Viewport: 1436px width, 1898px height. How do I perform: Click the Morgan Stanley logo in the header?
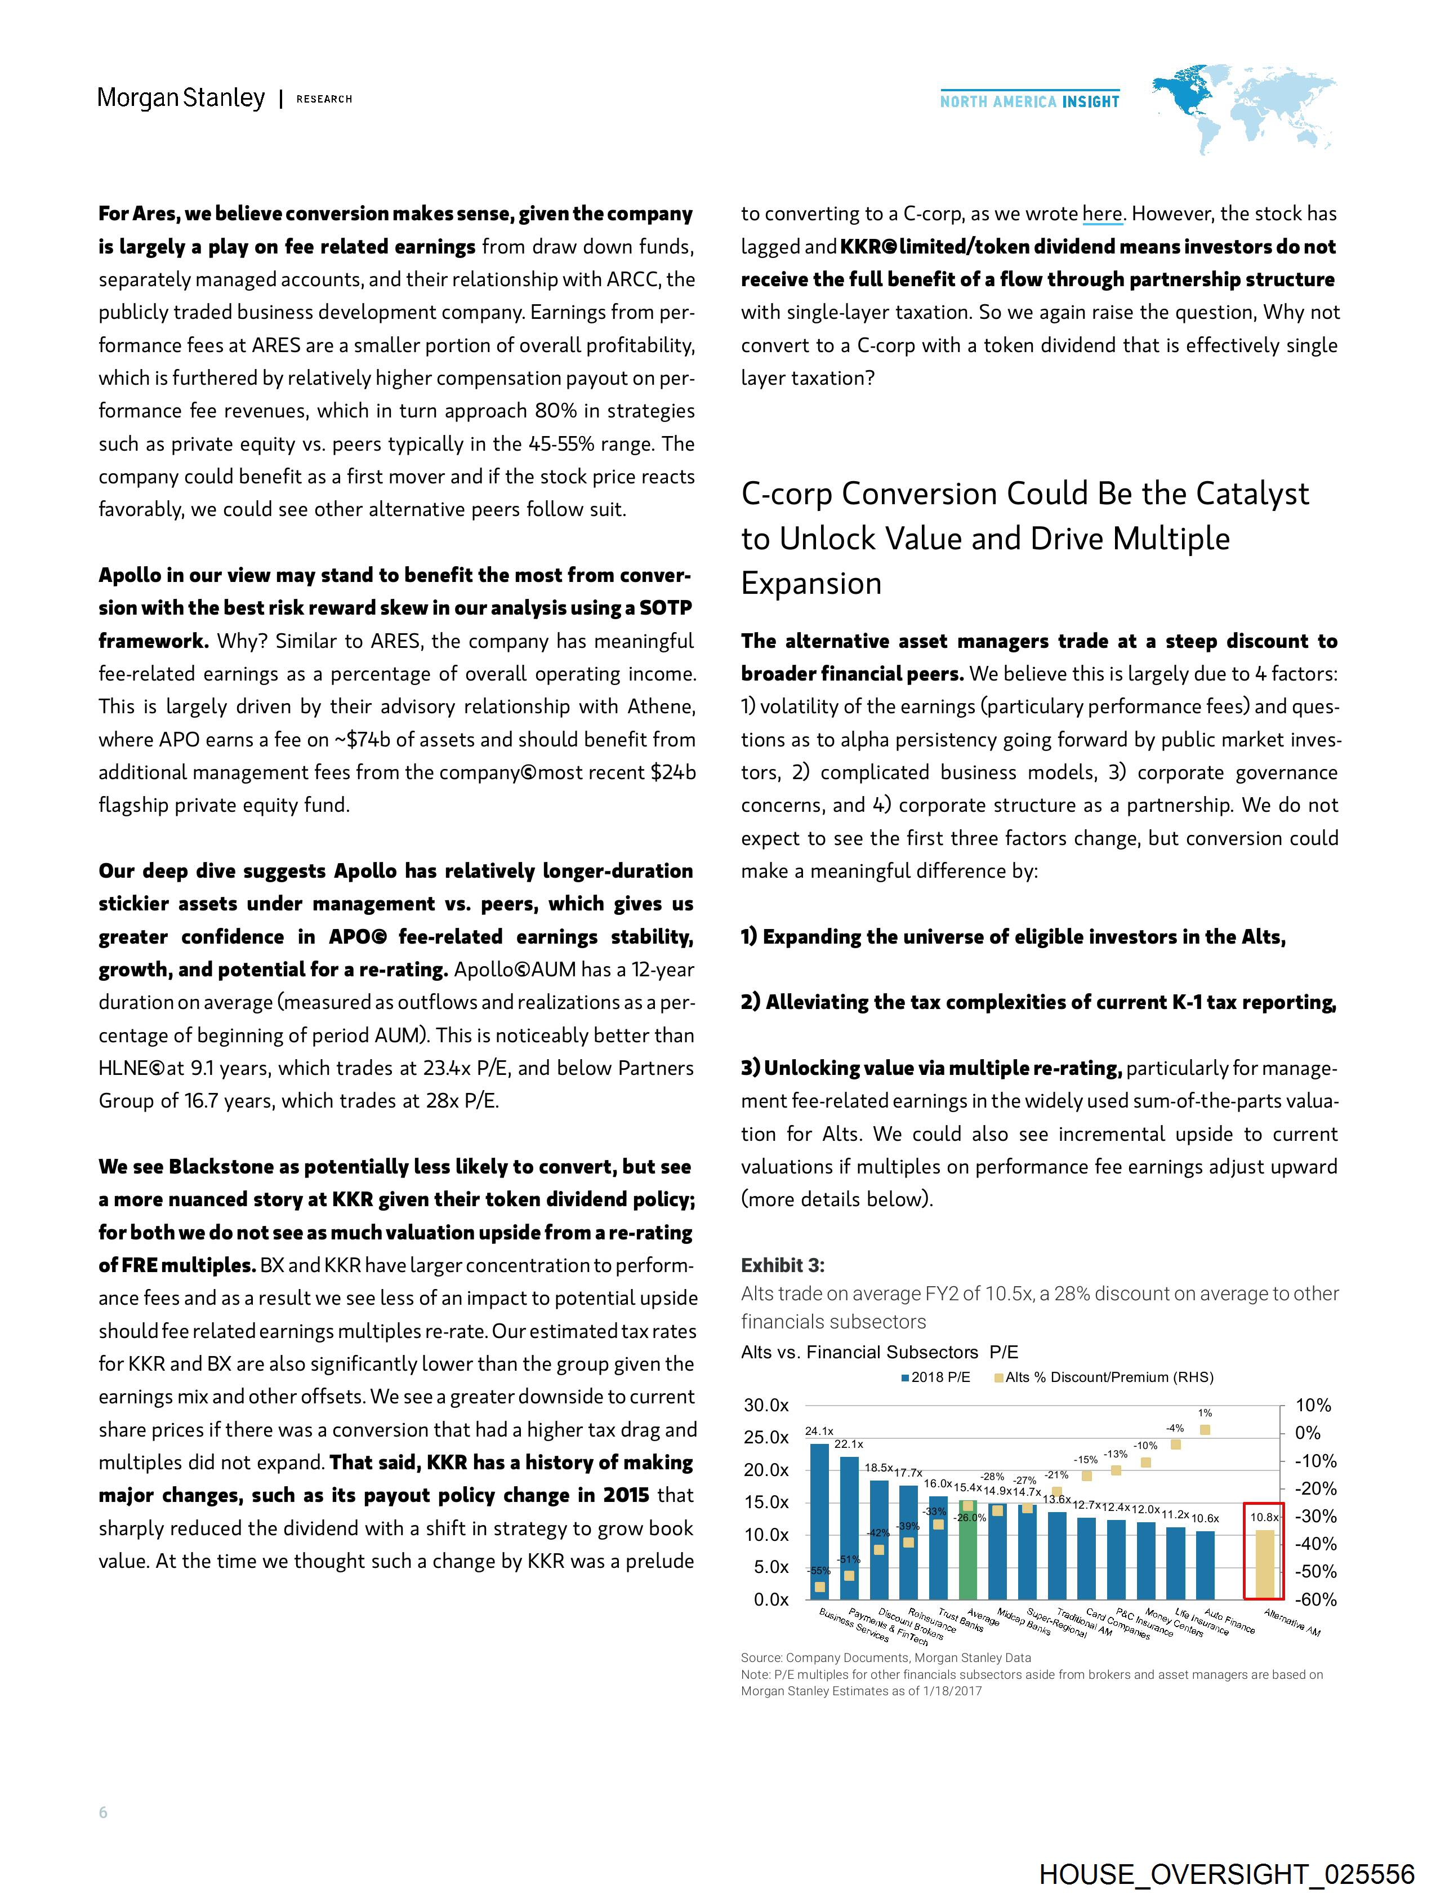coord(181,99)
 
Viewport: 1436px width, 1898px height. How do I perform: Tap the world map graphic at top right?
coord(1245,112)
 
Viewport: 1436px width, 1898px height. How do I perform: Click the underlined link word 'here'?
coord(1102,214)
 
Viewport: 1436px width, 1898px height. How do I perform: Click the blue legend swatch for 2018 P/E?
coord(905,1378)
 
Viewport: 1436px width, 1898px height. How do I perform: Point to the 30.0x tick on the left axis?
coord(766,1406)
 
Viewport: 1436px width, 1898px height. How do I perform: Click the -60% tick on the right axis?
coord(1313,1599)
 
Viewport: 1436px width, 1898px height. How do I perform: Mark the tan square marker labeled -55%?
coord(820,1586)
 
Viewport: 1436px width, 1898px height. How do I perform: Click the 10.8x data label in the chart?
coord(1264,1518)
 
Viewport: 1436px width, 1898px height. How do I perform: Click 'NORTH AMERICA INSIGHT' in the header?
coord(1029,102)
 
